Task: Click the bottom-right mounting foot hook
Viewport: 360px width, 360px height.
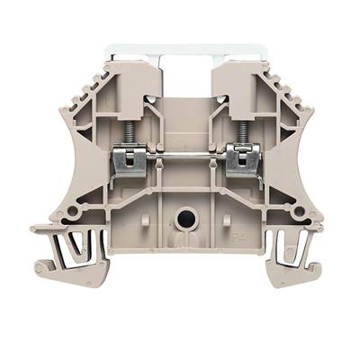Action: click(315, 268)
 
